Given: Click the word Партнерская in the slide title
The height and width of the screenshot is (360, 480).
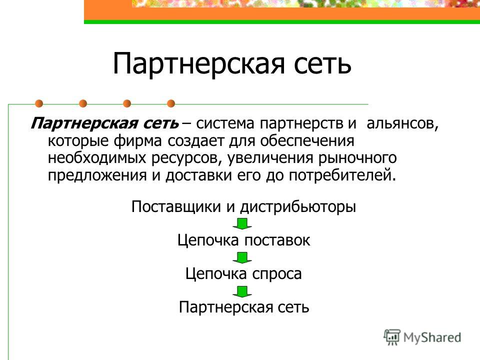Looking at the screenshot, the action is [x=199, y=65].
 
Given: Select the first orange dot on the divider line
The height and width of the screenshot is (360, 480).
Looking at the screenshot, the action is [x=39, y=104].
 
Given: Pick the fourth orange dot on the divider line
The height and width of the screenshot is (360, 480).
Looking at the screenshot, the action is [x=171, y=104].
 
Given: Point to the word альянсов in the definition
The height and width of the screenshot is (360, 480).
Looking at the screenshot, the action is [x=402, y=123].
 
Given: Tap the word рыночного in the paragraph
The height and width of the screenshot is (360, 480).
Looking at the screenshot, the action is [x=357, y=158].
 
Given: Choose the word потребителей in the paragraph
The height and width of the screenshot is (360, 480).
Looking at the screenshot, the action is [x=342, y=175].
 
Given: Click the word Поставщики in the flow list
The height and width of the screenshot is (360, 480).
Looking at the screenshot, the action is [x=176, y=207].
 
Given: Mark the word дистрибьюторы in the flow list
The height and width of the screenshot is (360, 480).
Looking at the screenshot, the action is [x=298, y=207].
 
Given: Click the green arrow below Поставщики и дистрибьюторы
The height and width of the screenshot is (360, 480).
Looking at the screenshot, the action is [x=242, y=224].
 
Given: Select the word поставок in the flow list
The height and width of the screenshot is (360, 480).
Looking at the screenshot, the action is [x=277, y=240].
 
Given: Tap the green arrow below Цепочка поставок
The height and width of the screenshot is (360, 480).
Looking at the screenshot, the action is [x=242, y=257].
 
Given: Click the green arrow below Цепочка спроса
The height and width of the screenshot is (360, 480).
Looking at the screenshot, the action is [x=242, y=291].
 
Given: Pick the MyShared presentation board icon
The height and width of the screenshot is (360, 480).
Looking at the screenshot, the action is [x=392, y=337].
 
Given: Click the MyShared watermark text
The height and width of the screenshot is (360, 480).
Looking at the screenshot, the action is [x=432, y=337].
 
